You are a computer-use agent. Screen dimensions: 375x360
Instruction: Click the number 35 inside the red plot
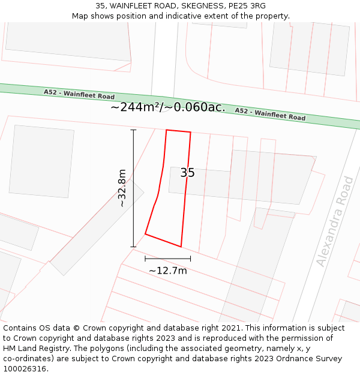[x=187, y=173]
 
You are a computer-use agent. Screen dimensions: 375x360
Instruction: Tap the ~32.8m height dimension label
[x=122, y=188]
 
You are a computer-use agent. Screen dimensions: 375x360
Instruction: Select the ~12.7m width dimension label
[x=168, y=271]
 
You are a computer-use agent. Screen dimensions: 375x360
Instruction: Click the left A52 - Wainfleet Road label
[x=79, y=94]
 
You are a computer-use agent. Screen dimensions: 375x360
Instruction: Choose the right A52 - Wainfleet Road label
[x=270, y=114]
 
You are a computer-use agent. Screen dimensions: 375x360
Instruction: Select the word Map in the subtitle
[x=80, y=16]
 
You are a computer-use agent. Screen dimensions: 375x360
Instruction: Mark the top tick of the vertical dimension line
[x=133, y=130]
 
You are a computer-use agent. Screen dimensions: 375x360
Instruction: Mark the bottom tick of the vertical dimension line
[x=133, y=247]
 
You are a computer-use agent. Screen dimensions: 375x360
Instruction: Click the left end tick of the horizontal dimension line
[x=145, y=259]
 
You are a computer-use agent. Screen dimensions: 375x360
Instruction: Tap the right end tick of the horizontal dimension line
[x=191, y=259]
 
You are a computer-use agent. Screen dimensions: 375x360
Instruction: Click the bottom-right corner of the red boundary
[x=181, y=247]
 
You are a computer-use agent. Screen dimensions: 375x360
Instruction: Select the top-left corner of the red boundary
[x=166, y=130]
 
